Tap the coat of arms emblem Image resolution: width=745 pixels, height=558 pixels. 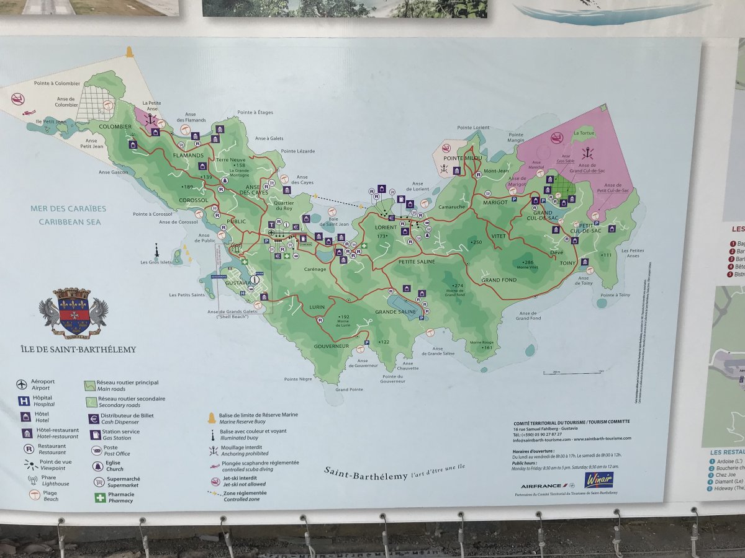[73, 312]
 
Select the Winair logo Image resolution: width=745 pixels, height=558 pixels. [598, 480]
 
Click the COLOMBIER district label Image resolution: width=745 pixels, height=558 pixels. [115, 126]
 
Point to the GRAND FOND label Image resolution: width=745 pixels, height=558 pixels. [499, 280]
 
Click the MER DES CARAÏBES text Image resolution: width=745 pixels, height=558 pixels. [68, 209]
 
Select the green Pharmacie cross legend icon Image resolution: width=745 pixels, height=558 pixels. [100, 497]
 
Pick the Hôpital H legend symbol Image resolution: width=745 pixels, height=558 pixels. [24, 401]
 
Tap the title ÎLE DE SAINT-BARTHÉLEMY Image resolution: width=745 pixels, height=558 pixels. [78, 349]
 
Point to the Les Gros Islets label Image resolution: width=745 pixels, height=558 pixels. [156, 262]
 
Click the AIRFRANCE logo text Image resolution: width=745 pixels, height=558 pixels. [542, 485]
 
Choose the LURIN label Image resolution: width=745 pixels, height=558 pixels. [317, 307]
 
